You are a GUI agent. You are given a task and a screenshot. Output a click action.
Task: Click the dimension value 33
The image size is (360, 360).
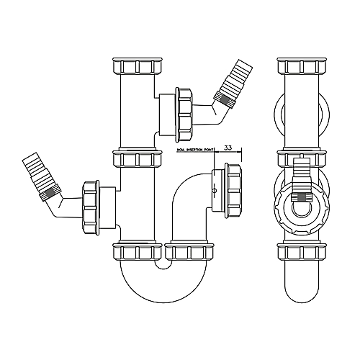[x=228, y=147]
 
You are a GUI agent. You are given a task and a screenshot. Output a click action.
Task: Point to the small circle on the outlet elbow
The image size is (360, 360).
[x=214, y=191]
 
